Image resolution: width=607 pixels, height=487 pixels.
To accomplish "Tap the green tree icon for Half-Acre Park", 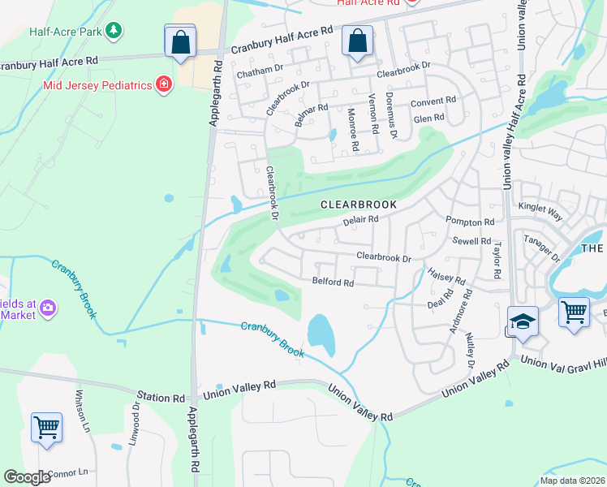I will [x=115, y=31].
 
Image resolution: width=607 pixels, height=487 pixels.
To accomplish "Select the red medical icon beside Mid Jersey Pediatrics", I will [x=164, y=84].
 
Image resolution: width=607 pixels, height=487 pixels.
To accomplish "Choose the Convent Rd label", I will [x=433, y=101].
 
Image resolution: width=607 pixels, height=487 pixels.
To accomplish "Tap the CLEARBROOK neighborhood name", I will [x=359, y=205].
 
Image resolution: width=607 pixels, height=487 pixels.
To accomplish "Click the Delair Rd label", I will [x=361, y=220].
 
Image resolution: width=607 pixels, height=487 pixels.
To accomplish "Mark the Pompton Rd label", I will [x=470, y=222].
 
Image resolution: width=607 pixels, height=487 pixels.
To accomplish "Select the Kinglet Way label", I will [x=540, y=211].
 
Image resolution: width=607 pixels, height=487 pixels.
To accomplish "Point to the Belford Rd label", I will [x=333, y=282].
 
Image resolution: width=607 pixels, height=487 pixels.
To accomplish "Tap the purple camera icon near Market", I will [x=48, y=308].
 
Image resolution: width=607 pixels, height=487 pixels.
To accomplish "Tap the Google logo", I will [x=28, y=477].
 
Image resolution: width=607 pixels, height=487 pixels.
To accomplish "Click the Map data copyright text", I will [x=572, y=481].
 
